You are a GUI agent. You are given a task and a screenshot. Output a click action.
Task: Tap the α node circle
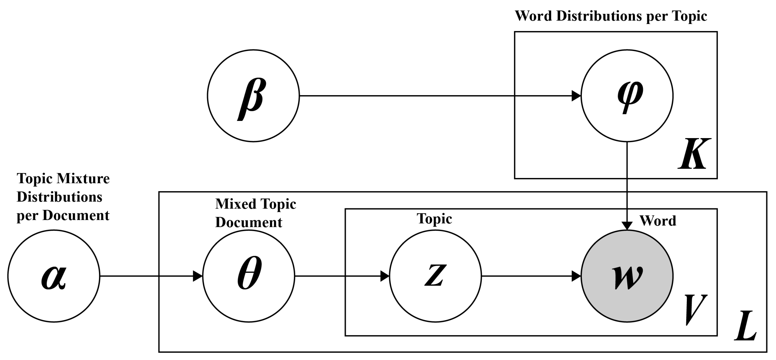tap(54, 276)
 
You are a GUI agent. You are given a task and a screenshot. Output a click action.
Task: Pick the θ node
tap(248, 276)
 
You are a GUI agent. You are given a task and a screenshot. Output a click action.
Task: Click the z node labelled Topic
tap(435, 276)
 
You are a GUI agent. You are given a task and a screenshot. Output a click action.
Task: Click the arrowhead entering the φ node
tap(576, 96)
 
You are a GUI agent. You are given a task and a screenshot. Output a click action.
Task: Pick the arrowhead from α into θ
tap(198, 276)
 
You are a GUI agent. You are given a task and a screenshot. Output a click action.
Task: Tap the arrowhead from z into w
tap(576, 276)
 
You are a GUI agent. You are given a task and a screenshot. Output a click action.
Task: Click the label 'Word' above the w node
tap(658, 221)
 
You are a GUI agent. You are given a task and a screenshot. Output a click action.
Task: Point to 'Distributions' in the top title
tap(599, 16)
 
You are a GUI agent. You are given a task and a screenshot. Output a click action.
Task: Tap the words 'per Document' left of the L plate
tap(63, 216)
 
